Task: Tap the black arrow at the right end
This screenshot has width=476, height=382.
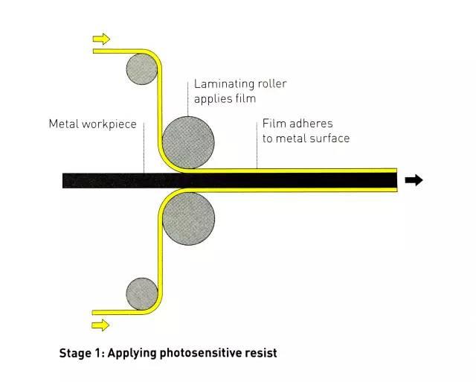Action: [x=414, y=179]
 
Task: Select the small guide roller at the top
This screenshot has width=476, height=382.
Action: [x=141, y=69]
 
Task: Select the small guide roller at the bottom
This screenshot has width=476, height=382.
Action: [x=141, y=293]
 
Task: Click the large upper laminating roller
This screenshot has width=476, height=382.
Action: [x=188, y=141]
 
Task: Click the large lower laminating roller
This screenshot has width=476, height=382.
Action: [x=188, y=219]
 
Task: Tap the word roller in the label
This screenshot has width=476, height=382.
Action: [x=270, y=83]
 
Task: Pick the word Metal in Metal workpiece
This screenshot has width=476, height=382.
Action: [x=62, y=124]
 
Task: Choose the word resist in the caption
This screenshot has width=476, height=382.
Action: [x=260, y=353]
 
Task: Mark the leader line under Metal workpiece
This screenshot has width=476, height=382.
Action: [x=144, y=152]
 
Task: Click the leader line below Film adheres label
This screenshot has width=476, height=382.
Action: [x=257, y=156]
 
